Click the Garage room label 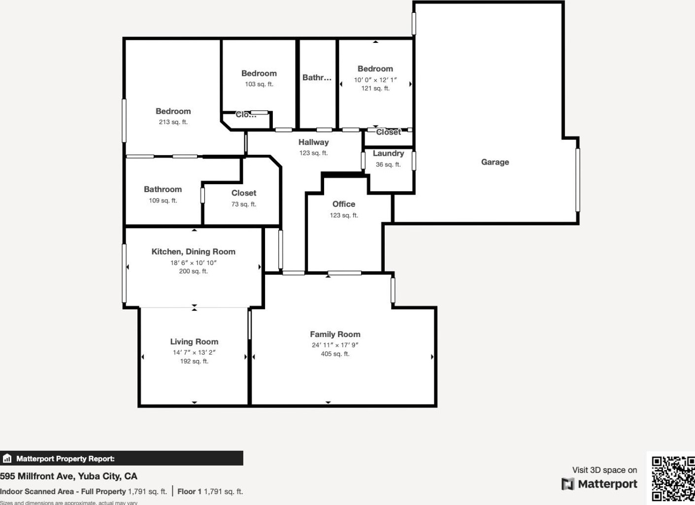pyautogui.click(x=495, y=162)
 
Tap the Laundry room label pyautogui.click(x=388, y=154)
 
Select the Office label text pyautogui.click(x=343, y=204)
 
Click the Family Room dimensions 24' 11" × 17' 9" pyautogui.click(x=335, y=345)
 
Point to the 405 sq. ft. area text pyautogui.click(x=335, y=354)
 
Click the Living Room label pyautogui.click(x=194, y=341)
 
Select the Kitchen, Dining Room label pyautogui.click(x=193, y=252)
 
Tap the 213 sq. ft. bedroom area pyautogui.click(x=173, y=122)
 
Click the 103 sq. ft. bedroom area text pyautogui.click(x=259, y=84)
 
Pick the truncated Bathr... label pyautogui.click(x=317, y=78)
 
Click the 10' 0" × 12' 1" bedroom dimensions pyautogui.click(x=375, y=80)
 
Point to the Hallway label pyautogui.click(x=313, y=142)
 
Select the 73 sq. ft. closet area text pyautogui.click(x=244, y=204)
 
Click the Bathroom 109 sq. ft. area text pyautogui.click(x=163, y=201)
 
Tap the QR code pyautogui.click(x=673, y=478)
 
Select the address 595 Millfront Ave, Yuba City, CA pyautogui.click(x=68, y=476)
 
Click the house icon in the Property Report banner pyautogui.click(x=7, y=459)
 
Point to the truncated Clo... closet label pyautogui.click(x=246, y=115)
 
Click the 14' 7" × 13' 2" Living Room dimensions pyautogui.click(x=194, y=352)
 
